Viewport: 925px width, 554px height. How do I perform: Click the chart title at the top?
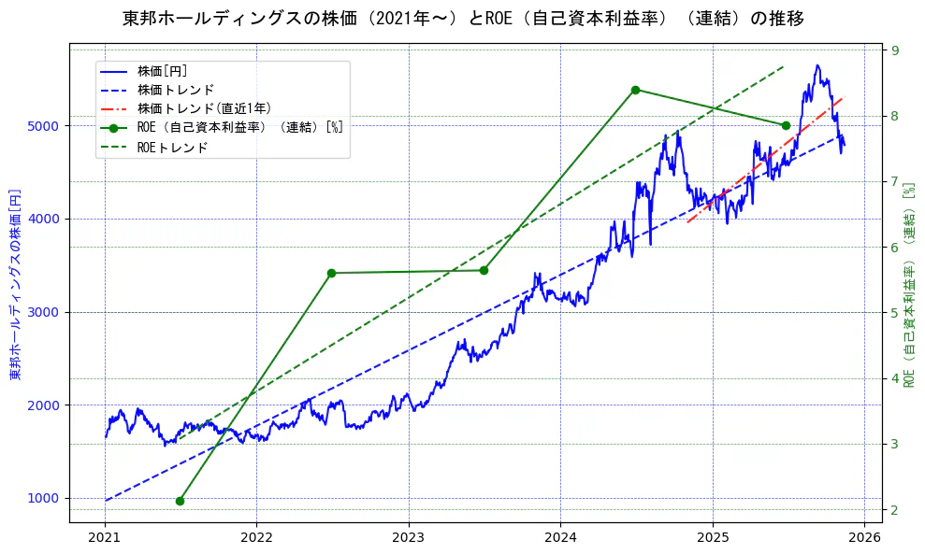pos(463,19)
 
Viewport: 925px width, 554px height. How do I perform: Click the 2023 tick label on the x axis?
pos(408,538)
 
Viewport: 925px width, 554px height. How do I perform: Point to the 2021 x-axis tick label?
pos(105,538)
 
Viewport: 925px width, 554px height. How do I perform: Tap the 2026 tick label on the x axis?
pos(864,538)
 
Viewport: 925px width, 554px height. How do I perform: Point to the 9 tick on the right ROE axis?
pos(895,50)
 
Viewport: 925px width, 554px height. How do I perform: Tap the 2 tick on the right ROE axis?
pos(895,509)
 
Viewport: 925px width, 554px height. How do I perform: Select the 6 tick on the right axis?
pos(895,247)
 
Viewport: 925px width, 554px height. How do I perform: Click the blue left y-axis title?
pos(15,284)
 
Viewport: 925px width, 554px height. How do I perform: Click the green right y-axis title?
pos(908,284)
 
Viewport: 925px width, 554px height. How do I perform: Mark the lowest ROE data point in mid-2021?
pos(180,501)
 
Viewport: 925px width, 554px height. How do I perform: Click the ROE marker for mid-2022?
pos(331,273)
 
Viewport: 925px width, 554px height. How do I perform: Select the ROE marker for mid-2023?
pos(484,270)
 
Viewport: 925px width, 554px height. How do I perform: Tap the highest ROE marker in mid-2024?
pos(635,90)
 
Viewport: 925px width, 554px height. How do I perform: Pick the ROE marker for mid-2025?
pos(786,125)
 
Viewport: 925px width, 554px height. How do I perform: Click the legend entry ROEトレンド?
pos(172,148)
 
